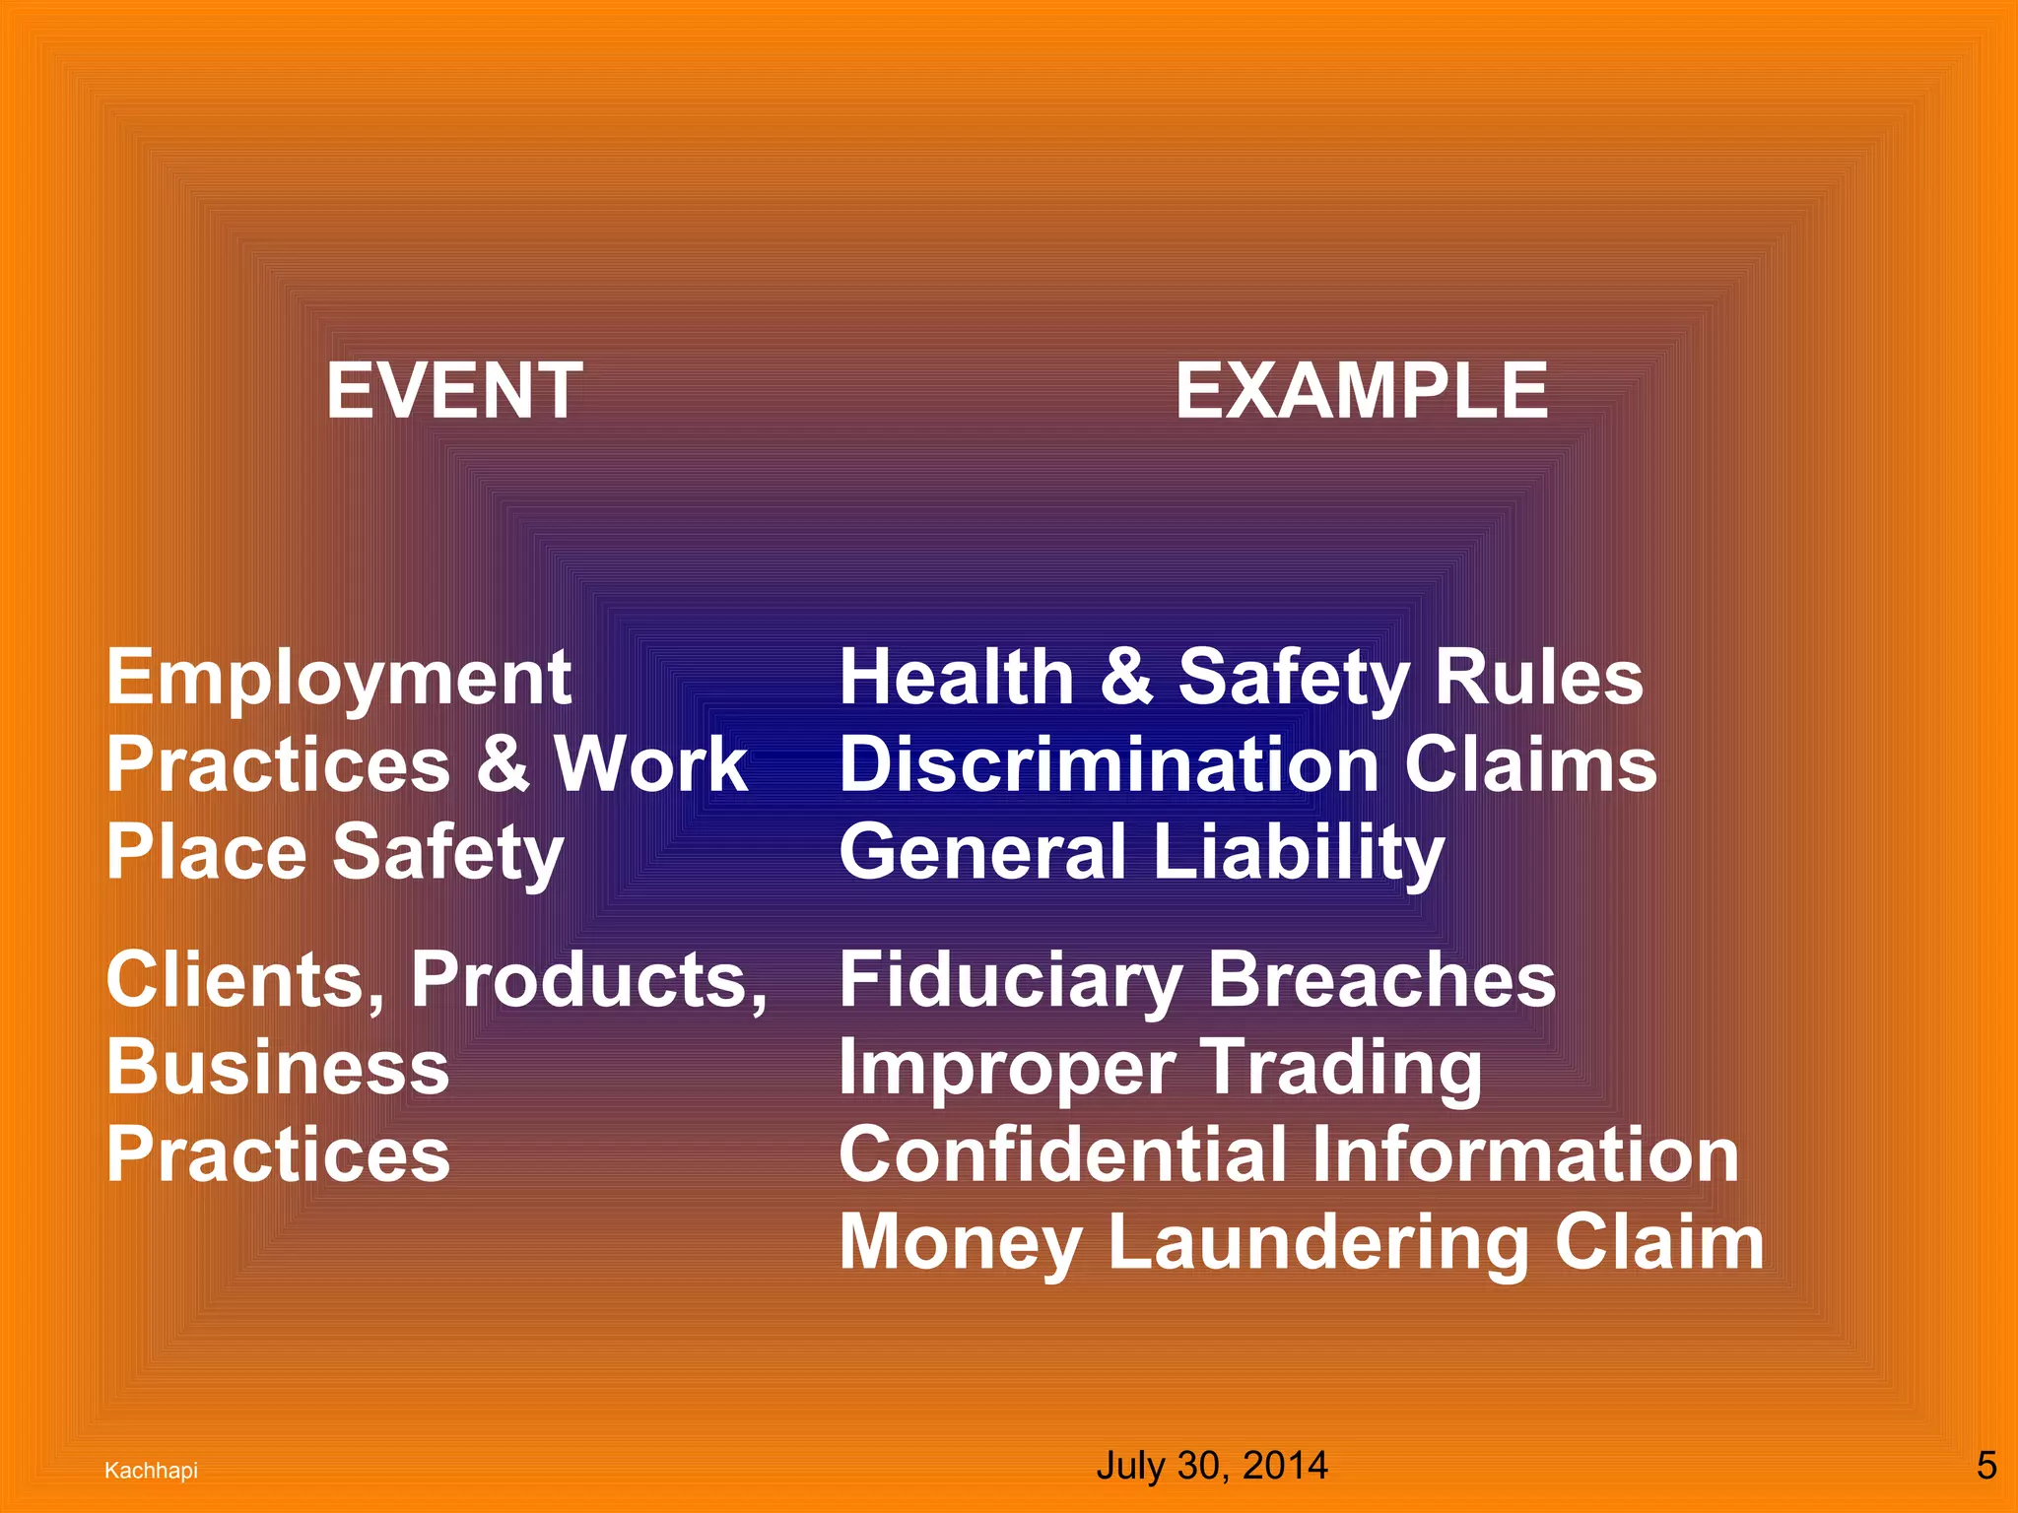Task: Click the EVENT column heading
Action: click(454, 391)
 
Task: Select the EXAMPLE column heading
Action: click(1362, 391)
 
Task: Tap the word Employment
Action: click(339, 679)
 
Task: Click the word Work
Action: click(650, 764)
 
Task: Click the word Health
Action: click(956, 679)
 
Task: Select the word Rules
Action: click(1539, 679)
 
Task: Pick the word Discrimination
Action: click(1109, 764)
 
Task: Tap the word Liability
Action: click(1298, 852)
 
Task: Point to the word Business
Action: click(278, 1068)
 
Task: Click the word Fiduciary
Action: click(1010, 980)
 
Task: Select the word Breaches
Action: click(1381, 980)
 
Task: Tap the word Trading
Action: click(1342, 1068)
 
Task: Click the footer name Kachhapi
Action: click(151, 1471)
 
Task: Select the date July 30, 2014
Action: click(1212, 1466)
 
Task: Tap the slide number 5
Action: click(1986, 1466)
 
